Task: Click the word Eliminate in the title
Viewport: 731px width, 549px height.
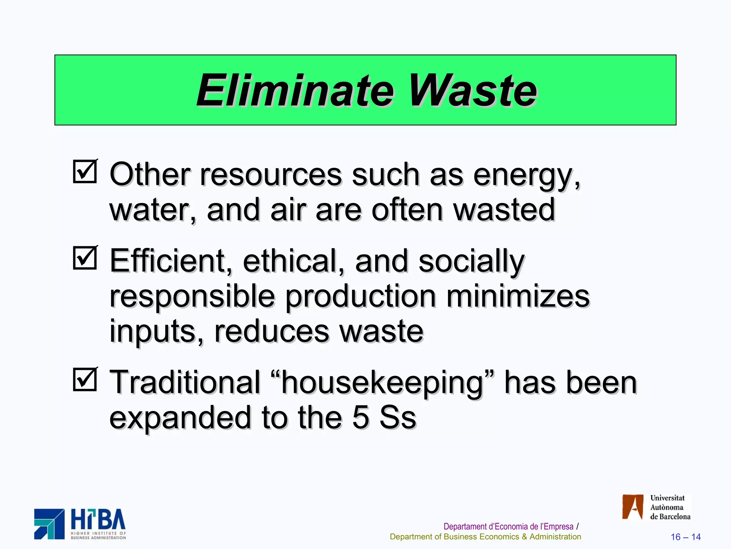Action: tap(295, 90)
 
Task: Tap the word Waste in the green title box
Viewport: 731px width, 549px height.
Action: tap(473, 90)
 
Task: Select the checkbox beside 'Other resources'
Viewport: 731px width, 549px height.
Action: tap(85, 172)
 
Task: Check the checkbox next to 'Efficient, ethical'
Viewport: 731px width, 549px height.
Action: tap(85, 258)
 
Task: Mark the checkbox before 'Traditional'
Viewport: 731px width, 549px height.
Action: tap(85, 380)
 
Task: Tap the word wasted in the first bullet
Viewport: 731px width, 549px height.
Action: tap(504, 210)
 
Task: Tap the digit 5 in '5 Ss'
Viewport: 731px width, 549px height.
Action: tap(361, 417)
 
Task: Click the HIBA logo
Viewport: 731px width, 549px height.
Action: tap(80, 524)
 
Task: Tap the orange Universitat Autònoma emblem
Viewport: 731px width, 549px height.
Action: tap(633, 507)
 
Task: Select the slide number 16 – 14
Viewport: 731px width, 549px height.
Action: tap(685, 537)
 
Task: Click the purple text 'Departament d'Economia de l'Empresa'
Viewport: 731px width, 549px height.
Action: tap(508, 526)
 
